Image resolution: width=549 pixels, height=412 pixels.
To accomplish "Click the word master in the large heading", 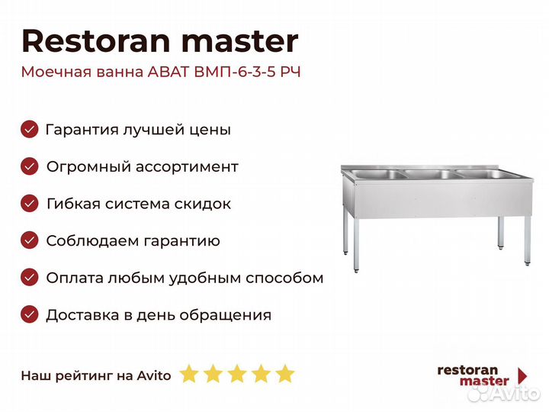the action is (240, 42).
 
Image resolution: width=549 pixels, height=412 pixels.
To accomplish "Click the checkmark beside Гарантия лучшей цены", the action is (30, 129).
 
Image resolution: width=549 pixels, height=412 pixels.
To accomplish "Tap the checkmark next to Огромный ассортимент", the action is (30, 166).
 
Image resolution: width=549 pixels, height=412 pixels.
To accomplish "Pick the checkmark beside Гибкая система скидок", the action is (30, 204).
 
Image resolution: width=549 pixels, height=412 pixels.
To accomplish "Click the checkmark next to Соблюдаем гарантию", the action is (30, 240).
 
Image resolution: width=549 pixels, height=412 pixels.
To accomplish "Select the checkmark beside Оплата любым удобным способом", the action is (30, 278).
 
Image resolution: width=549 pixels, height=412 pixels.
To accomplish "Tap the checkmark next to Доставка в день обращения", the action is (30, 314).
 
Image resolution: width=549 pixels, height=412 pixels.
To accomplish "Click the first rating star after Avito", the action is (189, 373).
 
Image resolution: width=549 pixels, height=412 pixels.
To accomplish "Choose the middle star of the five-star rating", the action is (237, 373).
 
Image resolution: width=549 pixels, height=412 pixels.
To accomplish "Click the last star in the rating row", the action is (285, 373).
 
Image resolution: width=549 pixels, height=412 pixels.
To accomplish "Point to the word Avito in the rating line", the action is (154, 375).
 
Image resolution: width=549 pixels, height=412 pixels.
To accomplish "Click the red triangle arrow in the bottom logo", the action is (522, 375).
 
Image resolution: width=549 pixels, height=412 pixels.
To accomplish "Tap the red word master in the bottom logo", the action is (484, 381).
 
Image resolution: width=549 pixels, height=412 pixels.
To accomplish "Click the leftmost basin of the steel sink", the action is (378, 174).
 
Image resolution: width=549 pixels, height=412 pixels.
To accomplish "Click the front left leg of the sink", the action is (356, 245).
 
